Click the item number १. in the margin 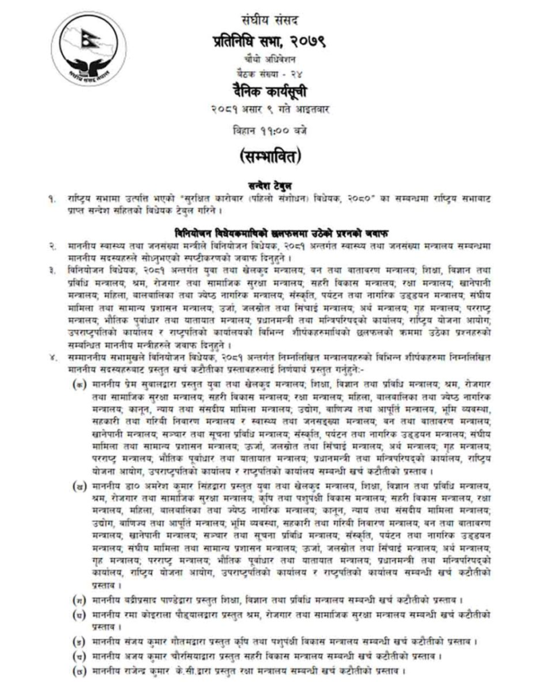(51, 198)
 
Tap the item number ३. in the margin (51, 271)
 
